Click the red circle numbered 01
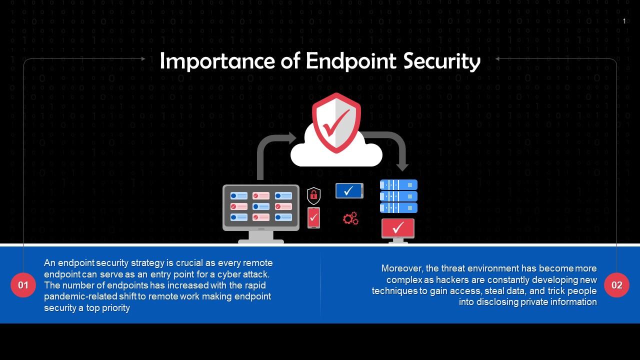(x=23, y=285)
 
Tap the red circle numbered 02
(x=616, y=285)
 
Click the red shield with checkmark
(x=336, y=122)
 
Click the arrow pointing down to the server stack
(x=395, y=147)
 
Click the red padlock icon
(x=313, y=195)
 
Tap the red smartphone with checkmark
(x=313, y=217)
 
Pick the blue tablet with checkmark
(x=349, y=190)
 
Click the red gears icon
(x=350, y=218)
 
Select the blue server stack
(x=398, y=196)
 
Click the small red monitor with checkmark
(x=398, y=229)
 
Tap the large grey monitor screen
(x=261, y=207)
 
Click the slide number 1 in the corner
(x=624, y=21)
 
